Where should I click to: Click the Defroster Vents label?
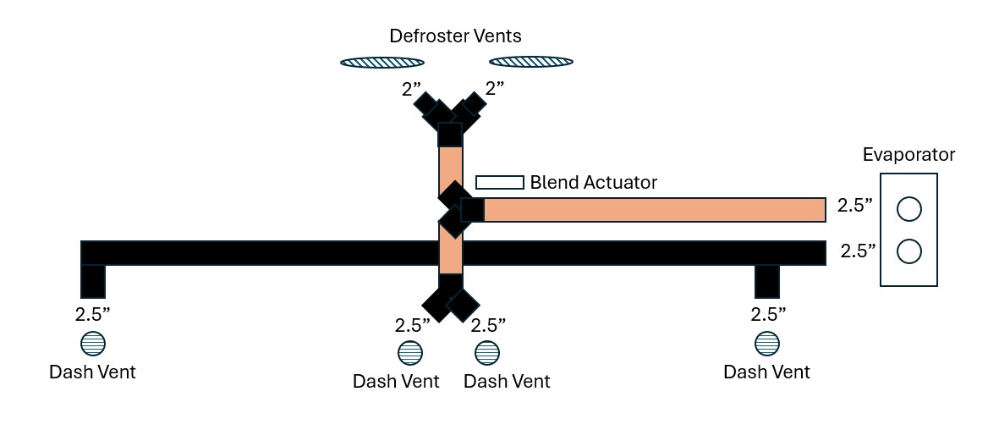pos(456,36)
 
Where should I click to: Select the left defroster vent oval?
pos(382,62)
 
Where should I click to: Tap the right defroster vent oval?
pos(531,62)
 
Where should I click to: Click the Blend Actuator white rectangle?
pos(500,182)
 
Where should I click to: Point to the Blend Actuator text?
pos(593,183)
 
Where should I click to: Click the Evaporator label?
pos(909,154)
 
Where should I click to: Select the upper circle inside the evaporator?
pos(909,209)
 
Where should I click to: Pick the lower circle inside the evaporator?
pos(909,251)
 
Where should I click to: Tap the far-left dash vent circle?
pos(93,344)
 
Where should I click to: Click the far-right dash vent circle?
pos(767,344)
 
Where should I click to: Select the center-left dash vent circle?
pos(410,353)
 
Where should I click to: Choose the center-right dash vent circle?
pos(487,353)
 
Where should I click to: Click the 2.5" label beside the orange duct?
pos(853,207)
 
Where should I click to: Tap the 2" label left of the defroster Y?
pos(411,90)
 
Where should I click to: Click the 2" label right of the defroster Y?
pos(494,89)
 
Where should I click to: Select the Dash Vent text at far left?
pos(93,372)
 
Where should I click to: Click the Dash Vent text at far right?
pos(767,372)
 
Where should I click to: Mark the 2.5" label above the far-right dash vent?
pos(768,314)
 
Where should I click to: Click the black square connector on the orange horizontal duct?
pos(473,210)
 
